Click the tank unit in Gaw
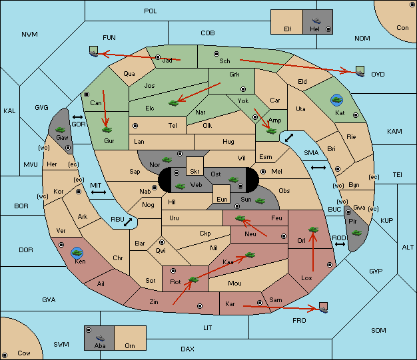(x=61, y=130)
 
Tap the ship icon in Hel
(x=316, y=21)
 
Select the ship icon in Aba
(x=100, y=337)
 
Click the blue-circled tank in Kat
(x=336, y=100)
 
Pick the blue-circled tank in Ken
(x=77, y=253)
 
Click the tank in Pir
(x=356, y=233)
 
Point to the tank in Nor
(x=167, y=160)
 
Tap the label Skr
(x=195, y=172)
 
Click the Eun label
(x=222, y=199)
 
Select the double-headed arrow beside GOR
(x=77, y=117)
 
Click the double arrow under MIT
(x=99, y=192)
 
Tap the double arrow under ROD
(x=340, y=244)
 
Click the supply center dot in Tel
(x=135, y=125)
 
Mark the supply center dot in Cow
(x=5, y=355)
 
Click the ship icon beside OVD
(x=360, y=72)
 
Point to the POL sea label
(x=151, y=11)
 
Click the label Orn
(x=130, y=345)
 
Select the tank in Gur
(x=107, y=130)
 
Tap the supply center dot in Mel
(x=263, y=172)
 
